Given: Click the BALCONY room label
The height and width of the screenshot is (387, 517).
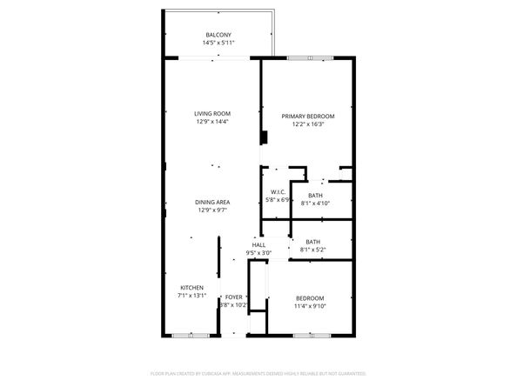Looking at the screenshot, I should coord(219,35).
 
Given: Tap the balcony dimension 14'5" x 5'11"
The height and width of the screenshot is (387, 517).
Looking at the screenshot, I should coord(219,43).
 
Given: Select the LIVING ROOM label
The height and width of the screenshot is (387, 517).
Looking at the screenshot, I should coord(212,114).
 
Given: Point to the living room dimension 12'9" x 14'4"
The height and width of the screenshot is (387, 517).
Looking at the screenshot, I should coord(212,122).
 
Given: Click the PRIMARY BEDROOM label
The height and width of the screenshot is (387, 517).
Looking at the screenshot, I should coord(308,116).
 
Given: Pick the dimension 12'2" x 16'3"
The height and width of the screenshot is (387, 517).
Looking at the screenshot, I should coord(308,123).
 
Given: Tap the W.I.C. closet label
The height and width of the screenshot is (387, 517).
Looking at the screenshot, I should coord(279,192).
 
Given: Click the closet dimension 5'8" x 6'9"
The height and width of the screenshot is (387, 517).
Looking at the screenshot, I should coord(279,200).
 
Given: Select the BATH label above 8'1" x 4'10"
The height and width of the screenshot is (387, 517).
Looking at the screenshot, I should coord(315,196).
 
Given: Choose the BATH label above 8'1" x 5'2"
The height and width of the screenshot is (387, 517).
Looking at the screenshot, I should coord(312,243).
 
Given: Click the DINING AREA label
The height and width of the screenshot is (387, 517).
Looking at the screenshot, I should coord(213,202).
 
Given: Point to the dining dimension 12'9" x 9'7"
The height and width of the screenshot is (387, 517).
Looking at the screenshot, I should coord(213,210).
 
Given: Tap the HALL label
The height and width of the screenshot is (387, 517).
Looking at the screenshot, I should coord(258,245).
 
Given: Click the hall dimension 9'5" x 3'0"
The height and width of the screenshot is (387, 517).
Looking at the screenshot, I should coord(258,253).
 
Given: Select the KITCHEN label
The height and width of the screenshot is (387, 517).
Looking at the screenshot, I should coord(192,288).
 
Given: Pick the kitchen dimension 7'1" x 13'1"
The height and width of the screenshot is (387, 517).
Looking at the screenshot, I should coord(192,296).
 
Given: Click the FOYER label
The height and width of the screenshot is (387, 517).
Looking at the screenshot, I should coord(234,297).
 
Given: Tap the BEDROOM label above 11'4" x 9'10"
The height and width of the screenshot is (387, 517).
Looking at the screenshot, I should coord(309,298).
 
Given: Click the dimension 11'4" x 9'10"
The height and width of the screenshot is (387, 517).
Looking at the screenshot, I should coord(309,306).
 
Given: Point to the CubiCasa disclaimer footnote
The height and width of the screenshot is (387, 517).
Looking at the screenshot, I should coord(258,372).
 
